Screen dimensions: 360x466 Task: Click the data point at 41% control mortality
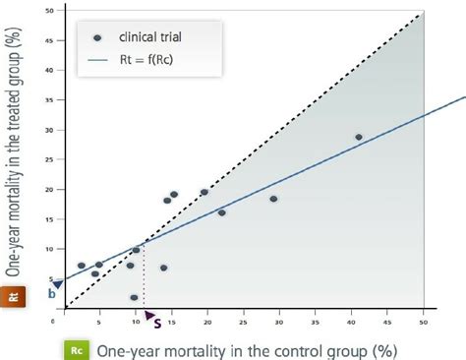359,137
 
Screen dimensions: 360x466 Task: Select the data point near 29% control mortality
274,199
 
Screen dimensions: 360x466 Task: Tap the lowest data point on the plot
134,297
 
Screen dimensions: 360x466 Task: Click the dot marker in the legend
96,37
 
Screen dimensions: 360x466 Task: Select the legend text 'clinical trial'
152,37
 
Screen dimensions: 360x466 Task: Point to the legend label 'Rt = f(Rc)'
146,60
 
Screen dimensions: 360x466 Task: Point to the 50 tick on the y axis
52,12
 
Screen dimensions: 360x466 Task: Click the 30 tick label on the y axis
52,130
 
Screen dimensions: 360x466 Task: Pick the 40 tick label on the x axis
351,322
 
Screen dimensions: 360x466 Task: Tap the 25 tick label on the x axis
243,322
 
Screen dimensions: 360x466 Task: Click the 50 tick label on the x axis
423,322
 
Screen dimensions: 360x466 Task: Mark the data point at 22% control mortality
222,212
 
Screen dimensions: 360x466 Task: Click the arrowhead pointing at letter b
58,284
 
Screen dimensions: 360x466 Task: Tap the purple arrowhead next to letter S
147,315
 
